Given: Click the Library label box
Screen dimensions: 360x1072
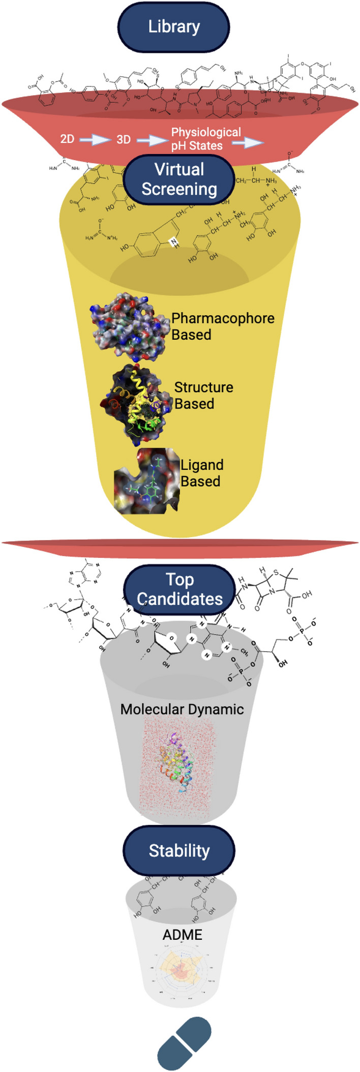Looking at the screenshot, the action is [173, 27].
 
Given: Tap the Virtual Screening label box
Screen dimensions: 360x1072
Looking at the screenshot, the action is [179, 179].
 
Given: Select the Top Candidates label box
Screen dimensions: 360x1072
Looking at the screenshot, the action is [179, 589].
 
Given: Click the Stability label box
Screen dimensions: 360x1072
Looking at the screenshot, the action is [179, 850].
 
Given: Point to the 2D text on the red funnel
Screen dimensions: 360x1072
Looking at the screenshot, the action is [67, 139].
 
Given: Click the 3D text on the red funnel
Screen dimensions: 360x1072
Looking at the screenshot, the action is [124, 139].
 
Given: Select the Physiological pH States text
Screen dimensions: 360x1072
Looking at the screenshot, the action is [205, 139].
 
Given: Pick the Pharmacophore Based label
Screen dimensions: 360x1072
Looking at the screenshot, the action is [223, 326].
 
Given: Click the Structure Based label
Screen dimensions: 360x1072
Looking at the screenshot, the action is [203, 395].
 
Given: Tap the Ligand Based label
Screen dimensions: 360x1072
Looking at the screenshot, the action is [202, 473].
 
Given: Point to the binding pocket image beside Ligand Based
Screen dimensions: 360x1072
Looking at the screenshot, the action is [146, 481].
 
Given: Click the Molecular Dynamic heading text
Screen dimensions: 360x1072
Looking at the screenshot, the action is [182, 709].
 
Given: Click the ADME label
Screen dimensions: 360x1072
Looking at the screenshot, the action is [182, 935].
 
